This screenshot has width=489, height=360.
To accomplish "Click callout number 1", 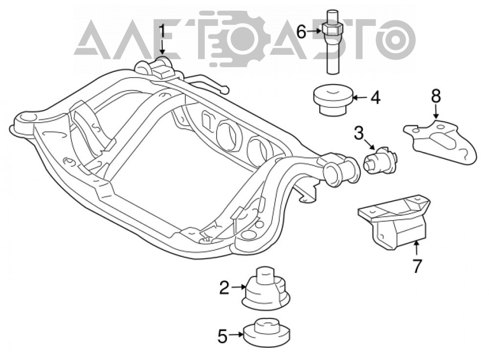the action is tap(162, 31).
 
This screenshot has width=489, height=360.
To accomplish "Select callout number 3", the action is tap(358, 133).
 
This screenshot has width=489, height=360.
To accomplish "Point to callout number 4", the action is tap(376, 98).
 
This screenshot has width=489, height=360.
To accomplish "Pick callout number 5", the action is tap(222, 337).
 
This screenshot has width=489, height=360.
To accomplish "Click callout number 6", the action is tap(301, 31).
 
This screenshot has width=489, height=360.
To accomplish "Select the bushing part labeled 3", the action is tap(381, 160).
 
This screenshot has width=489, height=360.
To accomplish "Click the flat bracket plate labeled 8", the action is tap(441, 140).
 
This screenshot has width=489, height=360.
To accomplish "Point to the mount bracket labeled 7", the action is tap(395, 222).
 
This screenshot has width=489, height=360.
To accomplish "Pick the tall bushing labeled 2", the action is tap(266, 289).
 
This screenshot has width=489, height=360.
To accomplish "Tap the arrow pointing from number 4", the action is tap(360, 98).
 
